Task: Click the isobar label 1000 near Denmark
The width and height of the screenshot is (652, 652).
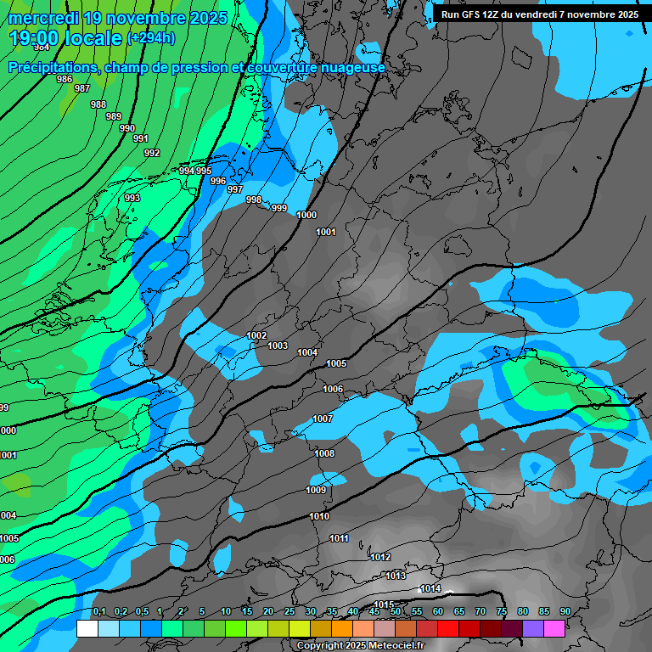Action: pos(306,215)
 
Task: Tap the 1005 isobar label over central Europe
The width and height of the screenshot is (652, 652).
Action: pos(336,363)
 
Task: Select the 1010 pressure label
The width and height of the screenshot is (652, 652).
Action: pos(319,516)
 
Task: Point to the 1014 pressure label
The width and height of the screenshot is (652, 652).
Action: pos(430,588)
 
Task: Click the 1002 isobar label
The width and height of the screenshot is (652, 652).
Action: pos(256,335)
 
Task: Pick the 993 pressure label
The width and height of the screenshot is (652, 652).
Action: pos(132,198)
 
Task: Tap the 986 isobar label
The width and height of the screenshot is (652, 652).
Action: pos(65,79)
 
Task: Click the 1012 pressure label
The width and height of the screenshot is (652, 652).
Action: pos(380,557)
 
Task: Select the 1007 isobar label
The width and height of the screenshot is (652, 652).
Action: pos(323,419)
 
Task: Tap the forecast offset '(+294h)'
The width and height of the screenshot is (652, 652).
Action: pos(151,38)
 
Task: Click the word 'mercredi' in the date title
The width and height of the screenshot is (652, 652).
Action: pos(41,18)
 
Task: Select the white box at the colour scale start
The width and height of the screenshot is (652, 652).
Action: pos(87,628)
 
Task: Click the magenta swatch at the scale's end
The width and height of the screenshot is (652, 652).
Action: pos(554,628)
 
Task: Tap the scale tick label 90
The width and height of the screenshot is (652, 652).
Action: pos(565,612)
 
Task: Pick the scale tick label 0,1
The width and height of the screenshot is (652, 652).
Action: pos(99,612)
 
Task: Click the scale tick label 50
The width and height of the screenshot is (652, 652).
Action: pos(396,612)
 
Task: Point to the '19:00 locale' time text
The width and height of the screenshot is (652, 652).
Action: pos(65,38)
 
